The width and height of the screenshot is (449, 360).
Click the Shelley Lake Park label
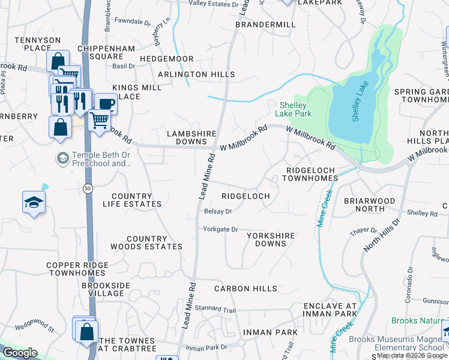[294, 109]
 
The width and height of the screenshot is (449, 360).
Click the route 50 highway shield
[88, 188]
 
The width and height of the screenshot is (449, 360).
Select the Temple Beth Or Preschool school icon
[62, 158]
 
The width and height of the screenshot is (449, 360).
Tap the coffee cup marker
[106, 103]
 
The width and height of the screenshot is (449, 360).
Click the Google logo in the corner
[20, 353]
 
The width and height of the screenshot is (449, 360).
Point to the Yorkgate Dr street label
[221, 229]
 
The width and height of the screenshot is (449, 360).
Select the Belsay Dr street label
[218, 211]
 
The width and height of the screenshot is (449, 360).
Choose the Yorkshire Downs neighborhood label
[271, 239]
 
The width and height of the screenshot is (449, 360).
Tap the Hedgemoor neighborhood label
[166, 59]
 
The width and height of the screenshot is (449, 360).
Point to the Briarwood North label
[369, 205]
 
